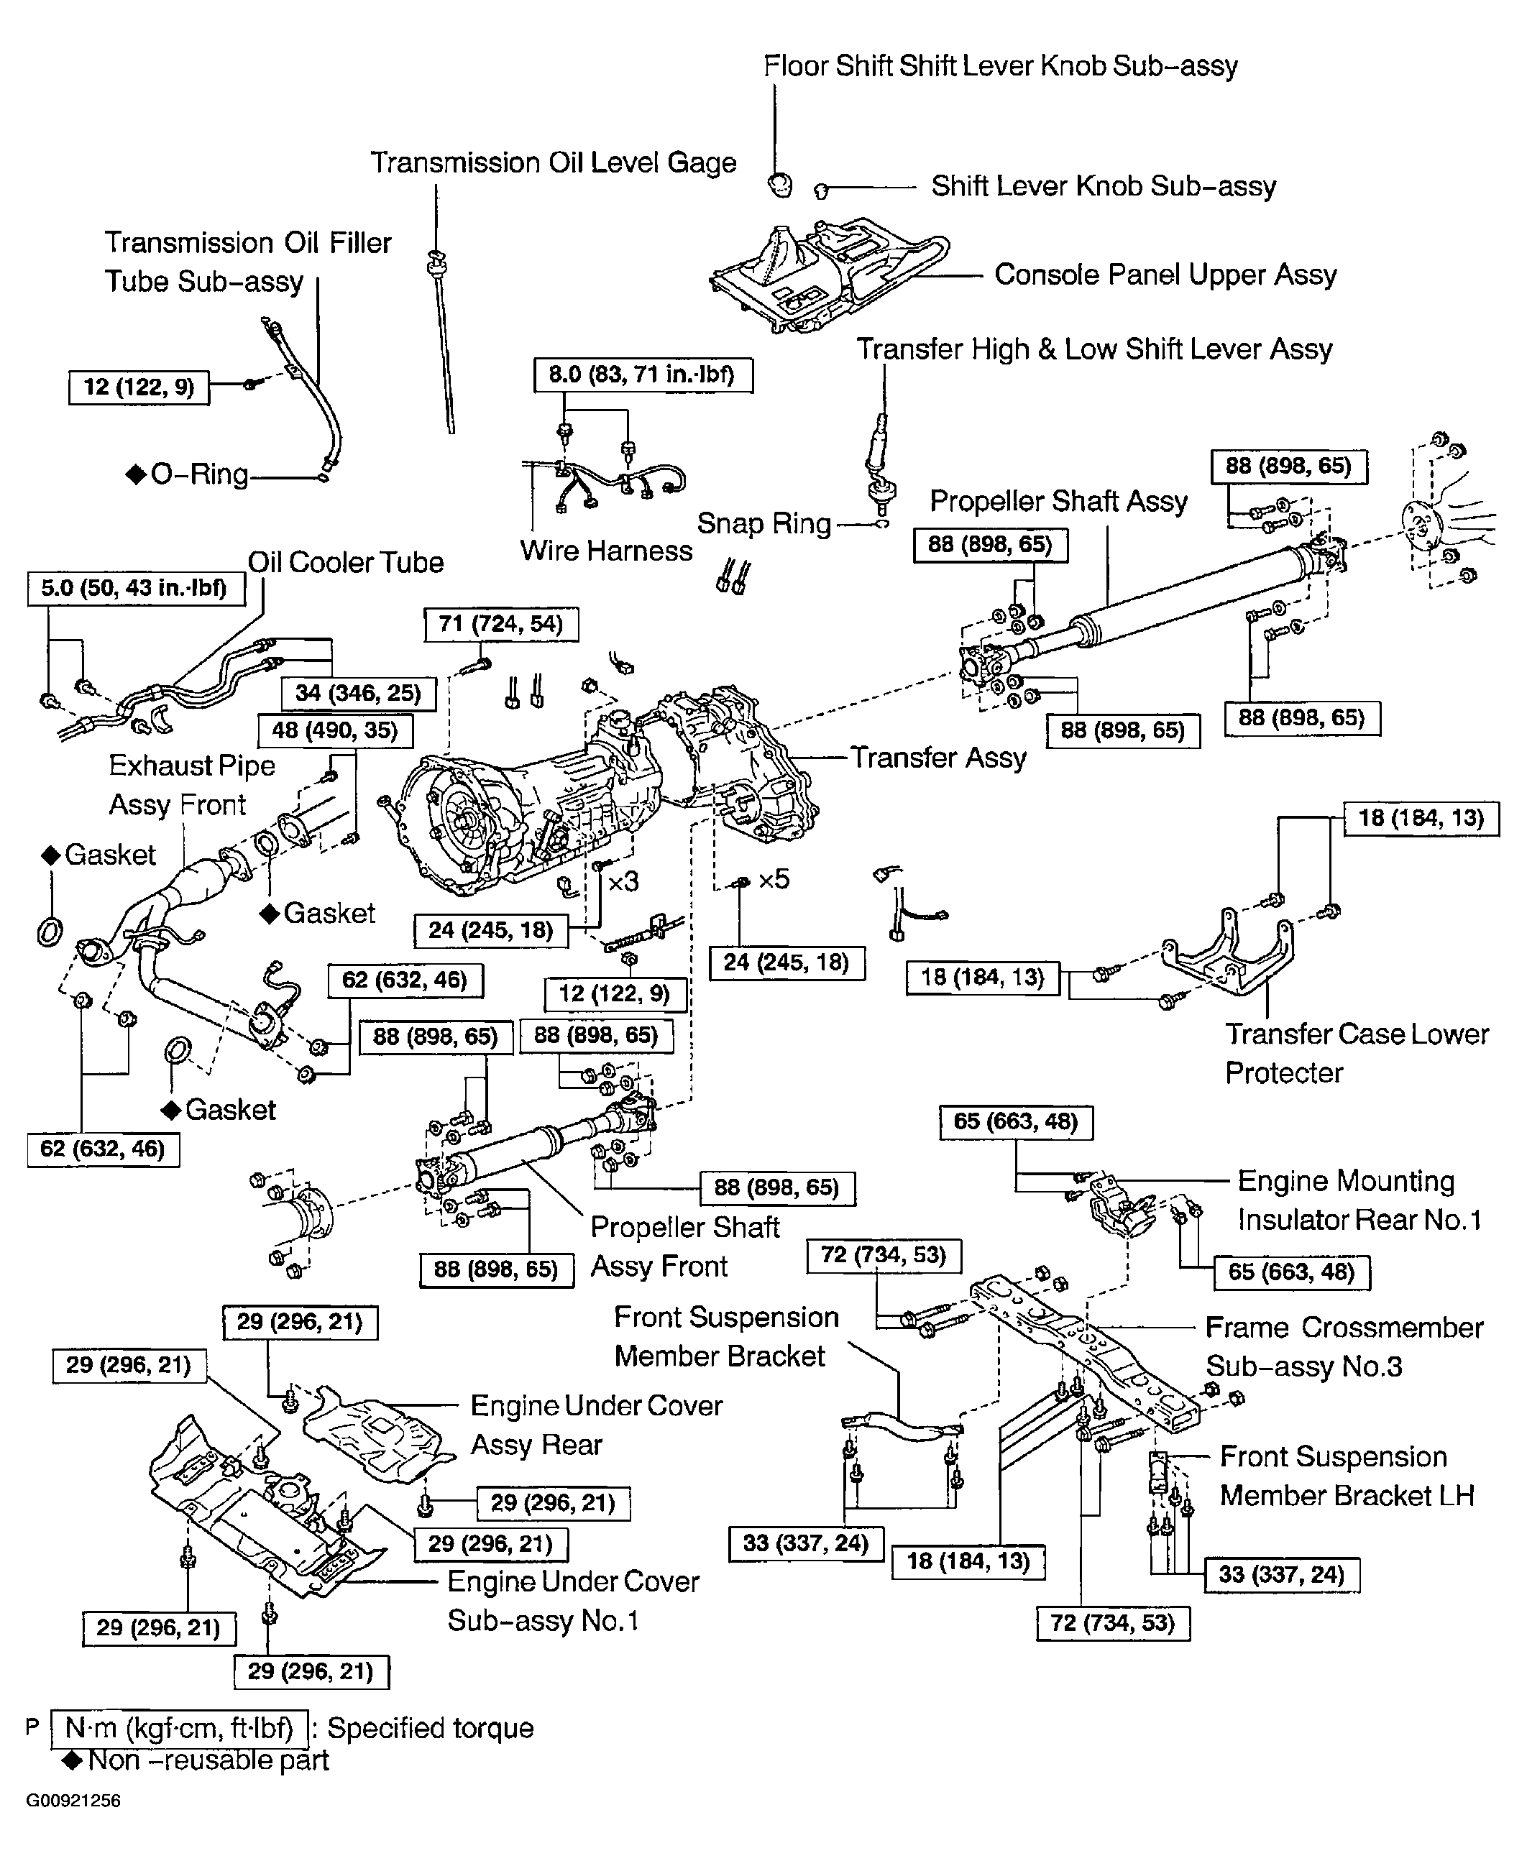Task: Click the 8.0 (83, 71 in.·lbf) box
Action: click(x=642, y=375)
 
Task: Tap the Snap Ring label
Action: click(x=763, y=524)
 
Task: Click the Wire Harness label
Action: click(x=606, y=551)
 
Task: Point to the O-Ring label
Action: click(x=199, y=475)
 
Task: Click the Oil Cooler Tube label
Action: click(x=346, y=563)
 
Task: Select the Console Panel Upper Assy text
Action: click(x=1165, y=275)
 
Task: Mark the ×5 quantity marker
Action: click(x=774, y=880)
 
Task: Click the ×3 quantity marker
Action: click(x=623, y=881)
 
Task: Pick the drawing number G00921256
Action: click(x=73, y=1801)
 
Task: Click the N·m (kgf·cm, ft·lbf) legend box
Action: click(x=180, y=1728)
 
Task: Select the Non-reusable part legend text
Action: click(x=208, y=1760)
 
